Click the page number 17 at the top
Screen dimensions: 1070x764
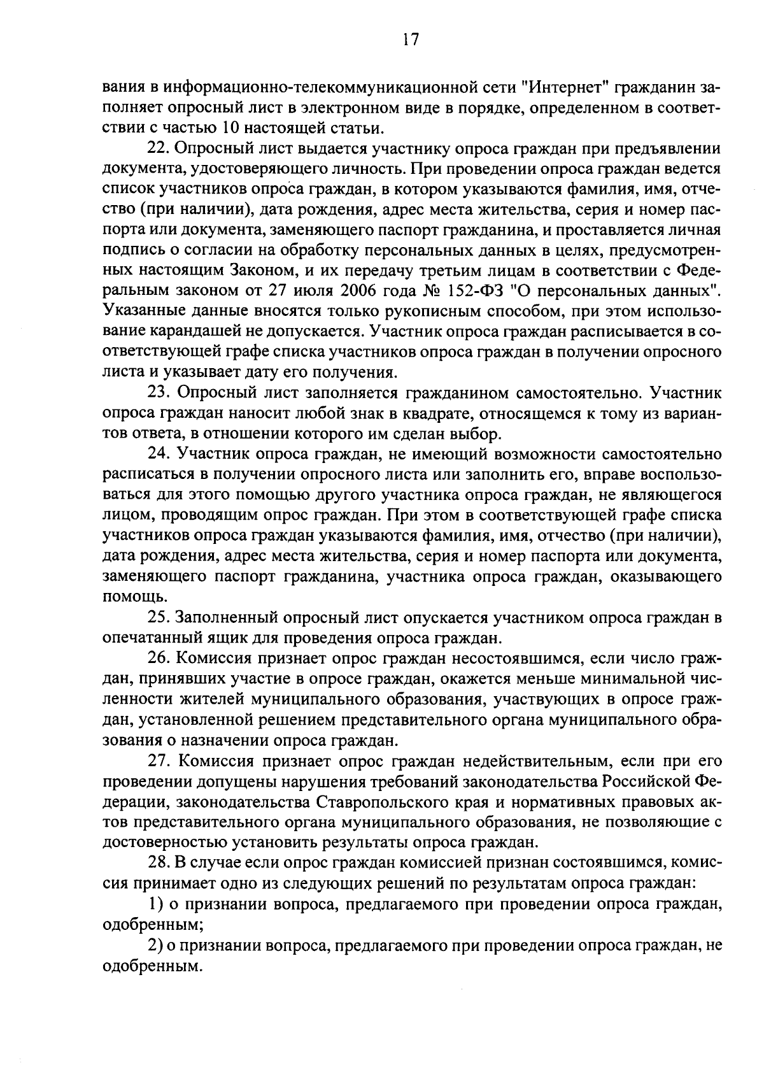coord(411,39)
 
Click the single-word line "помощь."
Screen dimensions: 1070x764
coord(127,597)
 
